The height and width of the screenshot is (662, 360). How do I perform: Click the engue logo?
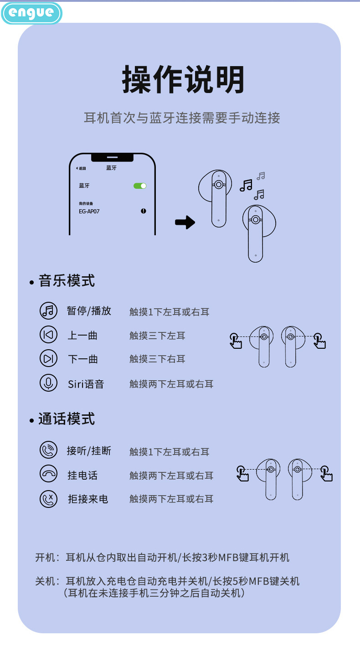[31, 13]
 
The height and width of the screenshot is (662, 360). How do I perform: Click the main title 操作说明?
[183, 80]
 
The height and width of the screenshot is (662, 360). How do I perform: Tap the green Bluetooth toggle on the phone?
[140, 186]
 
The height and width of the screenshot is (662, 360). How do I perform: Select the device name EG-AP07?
[89, 212]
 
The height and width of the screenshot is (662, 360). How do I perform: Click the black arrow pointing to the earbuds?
[185, 222]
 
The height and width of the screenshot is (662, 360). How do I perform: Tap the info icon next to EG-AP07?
[144, 211]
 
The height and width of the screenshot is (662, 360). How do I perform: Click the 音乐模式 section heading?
[67, 281]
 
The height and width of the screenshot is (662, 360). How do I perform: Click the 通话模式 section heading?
[67, 419]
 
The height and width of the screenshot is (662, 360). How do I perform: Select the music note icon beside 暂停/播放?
[48, 311]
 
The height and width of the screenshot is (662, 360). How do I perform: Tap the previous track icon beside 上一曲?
[48, 335]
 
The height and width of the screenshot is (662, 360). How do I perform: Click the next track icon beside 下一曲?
[48, 359]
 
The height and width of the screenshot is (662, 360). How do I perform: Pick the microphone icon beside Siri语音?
[48, 383]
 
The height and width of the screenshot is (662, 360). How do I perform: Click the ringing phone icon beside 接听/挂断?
[48, 450]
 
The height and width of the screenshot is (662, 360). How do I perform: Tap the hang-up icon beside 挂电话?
[48, 474]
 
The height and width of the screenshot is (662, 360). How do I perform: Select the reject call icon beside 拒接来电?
[48, 498]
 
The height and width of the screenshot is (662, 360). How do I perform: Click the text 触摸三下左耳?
[157, 336]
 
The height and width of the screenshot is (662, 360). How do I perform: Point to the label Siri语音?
[86, 384]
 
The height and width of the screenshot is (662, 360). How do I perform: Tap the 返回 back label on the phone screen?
[82, 169]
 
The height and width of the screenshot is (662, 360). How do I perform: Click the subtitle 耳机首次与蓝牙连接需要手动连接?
[182, 118]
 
